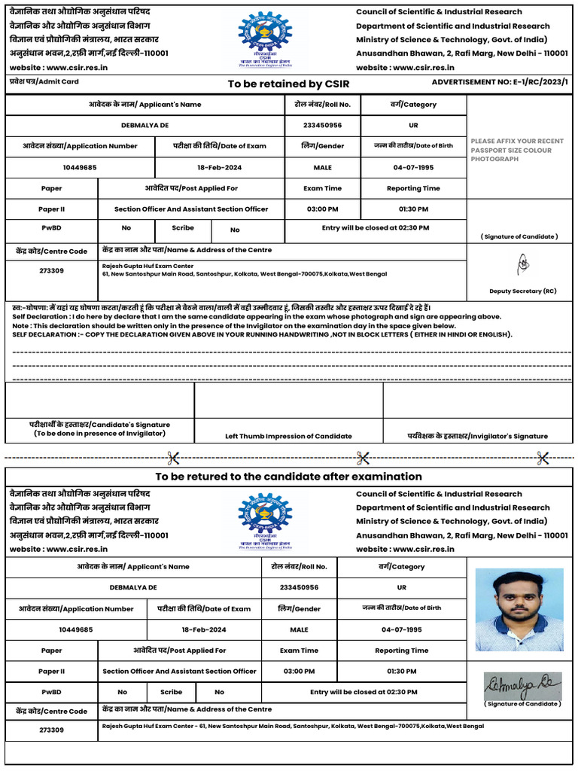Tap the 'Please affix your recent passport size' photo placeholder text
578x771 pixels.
(x=516, y=150)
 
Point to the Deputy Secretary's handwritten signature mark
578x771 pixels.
(x=522, y=264)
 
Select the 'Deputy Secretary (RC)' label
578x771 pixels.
(x=522, y=291)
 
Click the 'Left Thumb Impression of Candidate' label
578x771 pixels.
(x=288, y=436)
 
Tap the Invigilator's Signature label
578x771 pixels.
(x=477, y=436)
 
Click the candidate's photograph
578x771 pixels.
(x=519, y=609)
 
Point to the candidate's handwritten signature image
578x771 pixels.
(x=521, y=684)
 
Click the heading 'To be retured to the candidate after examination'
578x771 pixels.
(x=288, y=477)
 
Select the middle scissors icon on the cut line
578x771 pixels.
(x=363, y=457)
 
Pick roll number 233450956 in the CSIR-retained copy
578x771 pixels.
(x=322, y=126)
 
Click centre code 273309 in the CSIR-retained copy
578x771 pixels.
(x=51, y=270)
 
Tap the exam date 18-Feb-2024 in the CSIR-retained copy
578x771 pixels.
(x=219, y=167)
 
